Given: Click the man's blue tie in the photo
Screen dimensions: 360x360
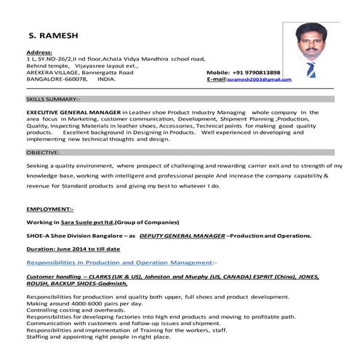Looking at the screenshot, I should coord(311,71).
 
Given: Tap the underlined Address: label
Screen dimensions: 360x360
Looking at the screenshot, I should coord(39,52).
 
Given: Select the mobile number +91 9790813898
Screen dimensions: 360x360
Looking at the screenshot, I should coord(254,73).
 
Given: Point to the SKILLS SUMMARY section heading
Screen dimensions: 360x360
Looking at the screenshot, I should coord(44,97).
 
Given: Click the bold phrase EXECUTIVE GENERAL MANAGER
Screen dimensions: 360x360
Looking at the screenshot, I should coord(73,113).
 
